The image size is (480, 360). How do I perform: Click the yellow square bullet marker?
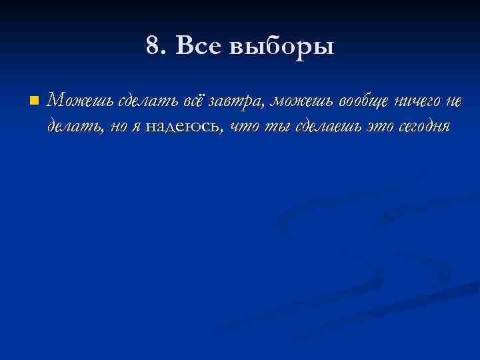coord(33,101)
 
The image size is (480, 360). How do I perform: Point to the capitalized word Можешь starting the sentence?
coord(81,101)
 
